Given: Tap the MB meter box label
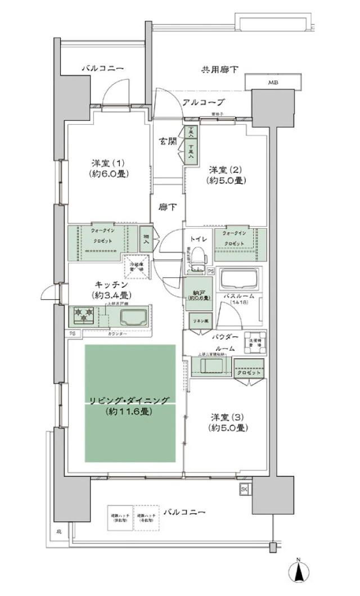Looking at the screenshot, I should coord(272,83).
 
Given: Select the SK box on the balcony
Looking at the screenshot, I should coord(244,489).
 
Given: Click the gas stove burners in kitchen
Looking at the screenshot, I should coord(82,315).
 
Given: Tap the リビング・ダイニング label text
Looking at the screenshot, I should coord(128,400).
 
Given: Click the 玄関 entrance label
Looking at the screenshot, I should coord(167,141).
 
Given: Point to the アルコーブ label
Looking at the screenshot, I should coord(203,102).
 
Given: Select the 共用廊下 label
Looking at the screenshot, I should coord(219,70).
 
